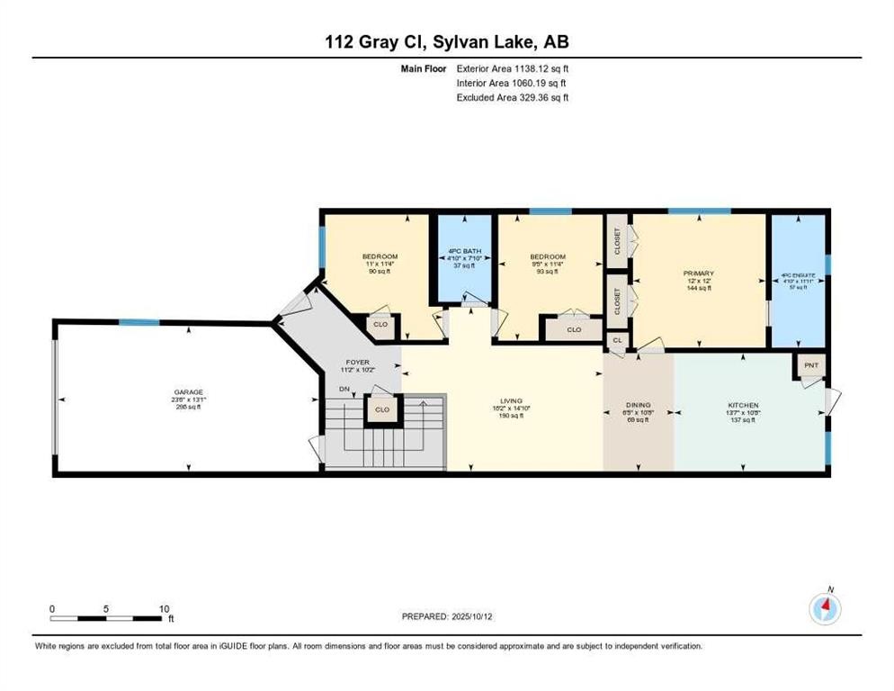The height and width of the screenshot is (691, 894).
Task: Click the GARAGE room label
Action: pyautogui.click(x=189, y=391)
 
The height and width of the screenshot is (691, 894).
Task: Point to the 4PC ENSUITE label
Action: pyautogui.click(x=796, y=276)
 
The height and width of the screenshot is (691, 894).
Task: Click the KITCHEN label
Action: pyautogui.click(x=743, y=406)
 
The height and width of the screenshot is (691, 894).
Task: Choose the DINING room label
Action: pyautogui.click(x=638, y=406)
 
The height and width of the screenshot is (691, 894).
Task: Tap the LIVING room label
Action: pyautogui.click(x=512, y=401)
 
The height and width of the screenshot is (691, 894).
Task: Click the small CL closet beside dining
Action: pyautogui.click(x=617, y=340)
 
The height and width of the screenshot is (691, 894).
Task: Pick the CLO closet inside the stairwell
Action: pyautogui.click(x=382, y=409)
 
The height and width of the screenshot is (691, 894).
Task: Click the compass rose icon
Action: pyautogui.click(x=825, y=609)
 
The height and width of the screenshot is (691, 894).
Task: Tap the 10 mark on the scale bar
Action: pyautogui.click(x=164, y=608)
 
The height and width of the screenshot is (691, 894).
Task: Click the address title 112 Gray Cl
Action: pyautogui.click(x=447, y=42)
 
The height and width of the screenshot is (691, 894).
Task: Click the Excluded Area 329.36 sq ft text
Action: pyautogui.click(x=513, y=97)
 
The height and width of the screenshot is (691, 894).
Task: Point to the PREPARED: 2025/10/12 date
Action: pyautogui.click(x=448, y=616)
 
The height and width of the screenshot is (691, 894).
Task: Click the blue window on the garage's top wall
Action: pyautogui.click(x=139, y=322)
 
